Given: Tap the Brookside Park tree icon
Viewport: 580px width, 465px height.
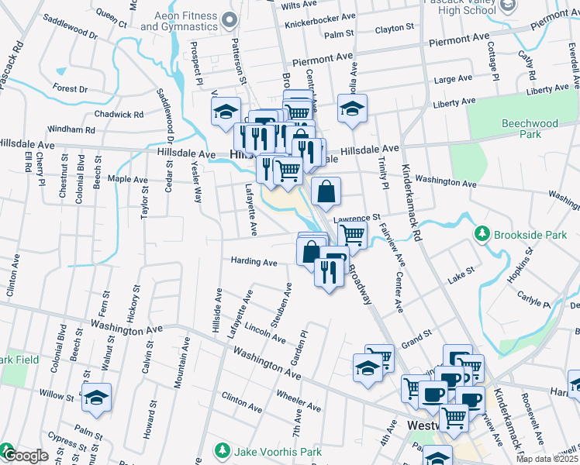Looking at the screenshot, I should (x=482, y=233).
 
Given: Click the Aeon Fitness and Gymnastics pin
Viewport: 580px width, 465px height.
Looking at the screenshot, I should (x=227, y=20).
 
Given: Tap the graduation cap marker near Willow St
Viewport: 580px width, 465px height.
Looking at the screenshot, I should (x=97, y=397).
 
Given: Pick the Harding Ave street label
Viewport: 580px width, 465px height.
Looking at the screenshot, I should (x=254, y=263).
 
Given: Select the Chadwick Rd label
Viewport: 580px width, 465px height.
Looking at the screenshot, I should (x=119, y=114).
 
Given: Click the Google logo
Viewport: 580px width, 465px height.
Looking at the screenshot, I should (x=25, y=456).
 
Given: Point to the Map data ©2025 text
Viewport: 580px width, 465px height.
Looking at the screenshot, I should (x=547, y=459).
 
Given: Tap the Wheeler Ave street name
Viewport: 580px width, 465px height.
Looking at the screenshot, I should (x=299, y=401).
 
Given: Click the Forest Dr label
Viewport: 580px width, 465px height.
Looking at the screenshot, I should (x=71, y=89).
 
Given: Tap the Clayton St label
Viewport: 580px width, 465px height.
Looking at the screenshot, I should (x=395, y=29).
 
